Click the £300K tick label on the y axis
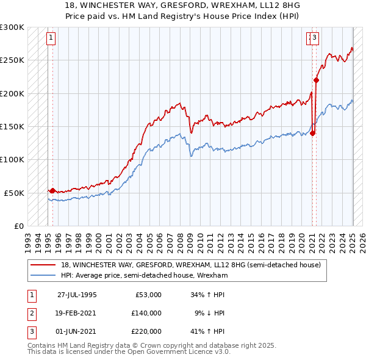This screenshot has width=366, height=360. point(12,27)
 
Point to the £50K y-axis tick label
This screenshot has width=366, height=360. point(14,193)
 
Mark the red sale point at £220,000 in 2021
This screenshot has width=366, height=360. point(317,80)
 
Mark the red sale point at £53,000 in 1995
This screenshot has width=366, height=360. point(52,190)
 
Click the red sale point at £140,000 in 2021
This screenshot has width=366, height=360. point(313,133)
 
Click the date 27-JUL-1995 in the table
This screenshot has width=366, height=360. point(77,294)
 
